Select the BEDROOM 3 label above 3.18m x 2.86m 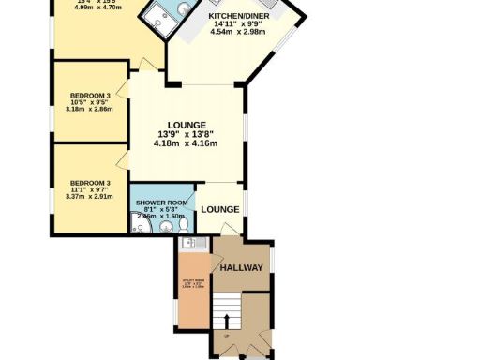(91, 95)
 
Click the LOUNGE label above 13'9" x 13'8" (187, 125)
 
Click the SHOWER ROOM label (162, 202)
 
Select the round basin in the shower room (140, 225)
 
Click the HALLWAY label (241, 268)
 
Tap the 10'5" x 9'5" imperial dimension (91, 103)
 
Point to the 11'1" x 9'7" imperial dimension (91, 190)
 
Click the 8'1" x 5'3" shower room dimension (162, 210)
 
